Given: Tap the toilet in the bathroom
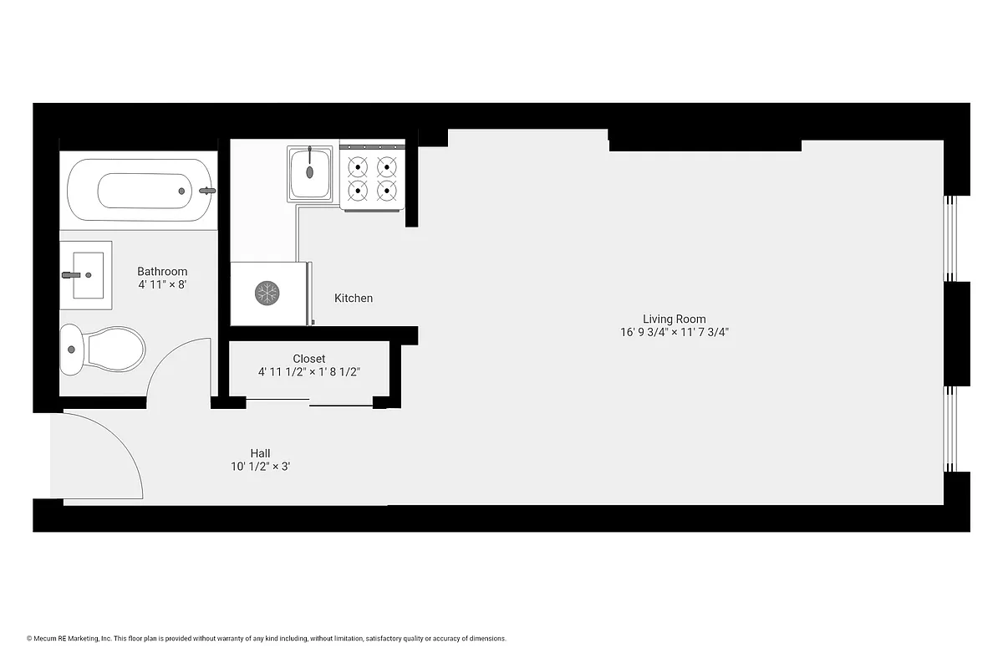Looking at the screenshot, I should coord(104,350).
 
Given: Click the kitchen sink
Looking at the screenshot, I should coord(310,172).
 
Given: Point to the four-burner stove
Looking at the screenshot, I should coord(372,178).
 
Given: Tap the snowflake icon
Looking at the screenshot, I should coord(267,293).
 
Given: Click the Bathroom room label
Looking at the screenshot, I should coord(162,272).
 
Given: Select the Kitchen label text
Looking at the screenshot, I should coord(354,299).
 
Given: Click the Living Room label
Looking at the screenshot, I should coord(674,319).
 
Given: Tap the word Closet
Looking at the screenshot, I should coord(308,359).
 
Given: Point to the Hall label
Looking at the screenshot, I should coord(260,453).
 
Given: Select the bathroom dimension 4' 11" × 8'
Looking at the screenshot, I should coord(162,285).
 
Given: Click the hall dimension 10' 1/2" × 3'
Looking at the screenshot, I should coord(260,467).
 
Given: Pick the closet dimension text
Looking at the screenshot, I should coord(308,372).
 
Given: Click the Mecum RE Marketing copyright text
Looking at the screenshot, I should coord(267,638).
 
